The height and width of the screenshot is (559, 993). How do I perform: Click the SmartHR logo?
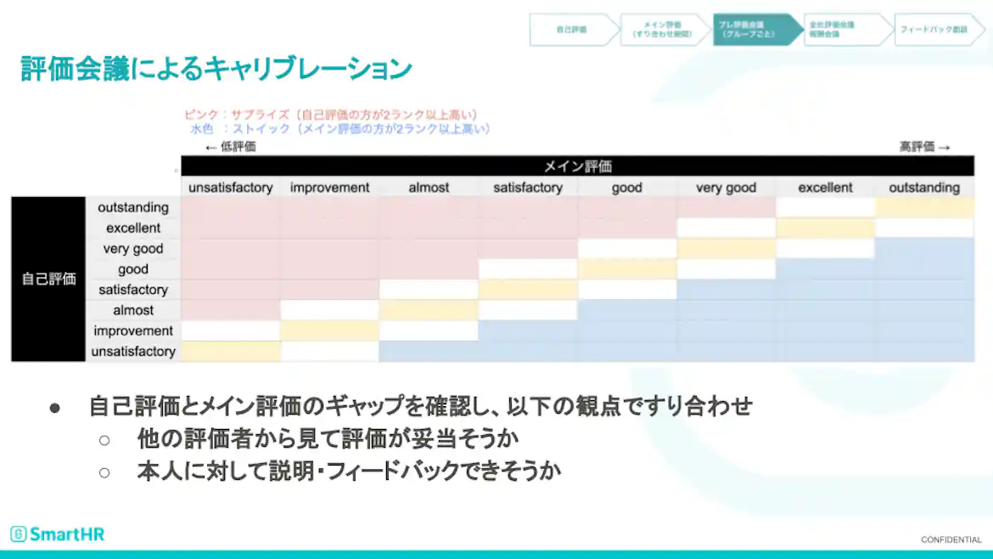(57, 534)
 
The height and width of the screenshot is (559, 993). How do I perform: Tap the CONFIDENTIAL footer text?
(951, 539)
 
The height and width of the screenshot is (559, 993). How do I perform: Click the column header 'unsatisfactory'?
(230, 188)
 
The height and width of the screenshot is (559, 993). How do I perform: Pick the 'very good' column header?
(726, 188)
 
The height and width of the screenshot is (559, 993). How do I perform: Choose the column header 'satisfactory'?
(527, 188)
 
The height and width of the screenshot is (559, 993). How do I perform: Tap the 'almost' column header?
(429, 188)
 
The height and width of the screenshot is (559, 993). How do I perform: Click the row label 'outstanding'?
(133, 207)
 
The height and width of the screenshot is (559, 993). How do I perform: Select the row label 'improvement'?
(133, 330)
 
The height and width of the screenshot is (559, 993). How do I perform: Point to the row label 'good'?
(133, 269)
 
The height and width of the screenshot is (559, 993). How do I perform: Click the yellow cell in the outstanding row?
(923, 207)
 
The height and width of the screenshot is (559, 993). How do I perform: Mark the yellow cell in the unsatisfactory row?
(230, 351)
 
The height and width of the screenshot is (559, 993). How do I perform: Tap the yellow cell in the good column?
(626, 269)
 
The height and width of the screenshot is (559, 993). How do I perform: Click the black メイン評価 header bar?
(577, 167)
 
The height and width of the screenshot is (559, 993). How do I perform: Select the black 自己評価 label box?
(48, 279)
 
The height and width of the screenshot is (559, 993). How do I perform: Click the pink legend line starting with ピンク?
(331, 115)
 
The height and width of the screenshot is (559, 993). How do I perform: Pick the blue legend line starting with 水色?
(339, 129)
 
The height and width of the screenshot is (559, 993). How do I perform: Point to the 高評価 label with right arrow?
(924, 147)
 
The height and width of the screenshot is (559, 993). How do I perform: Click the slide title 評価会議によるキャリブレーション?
(216, 70)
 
